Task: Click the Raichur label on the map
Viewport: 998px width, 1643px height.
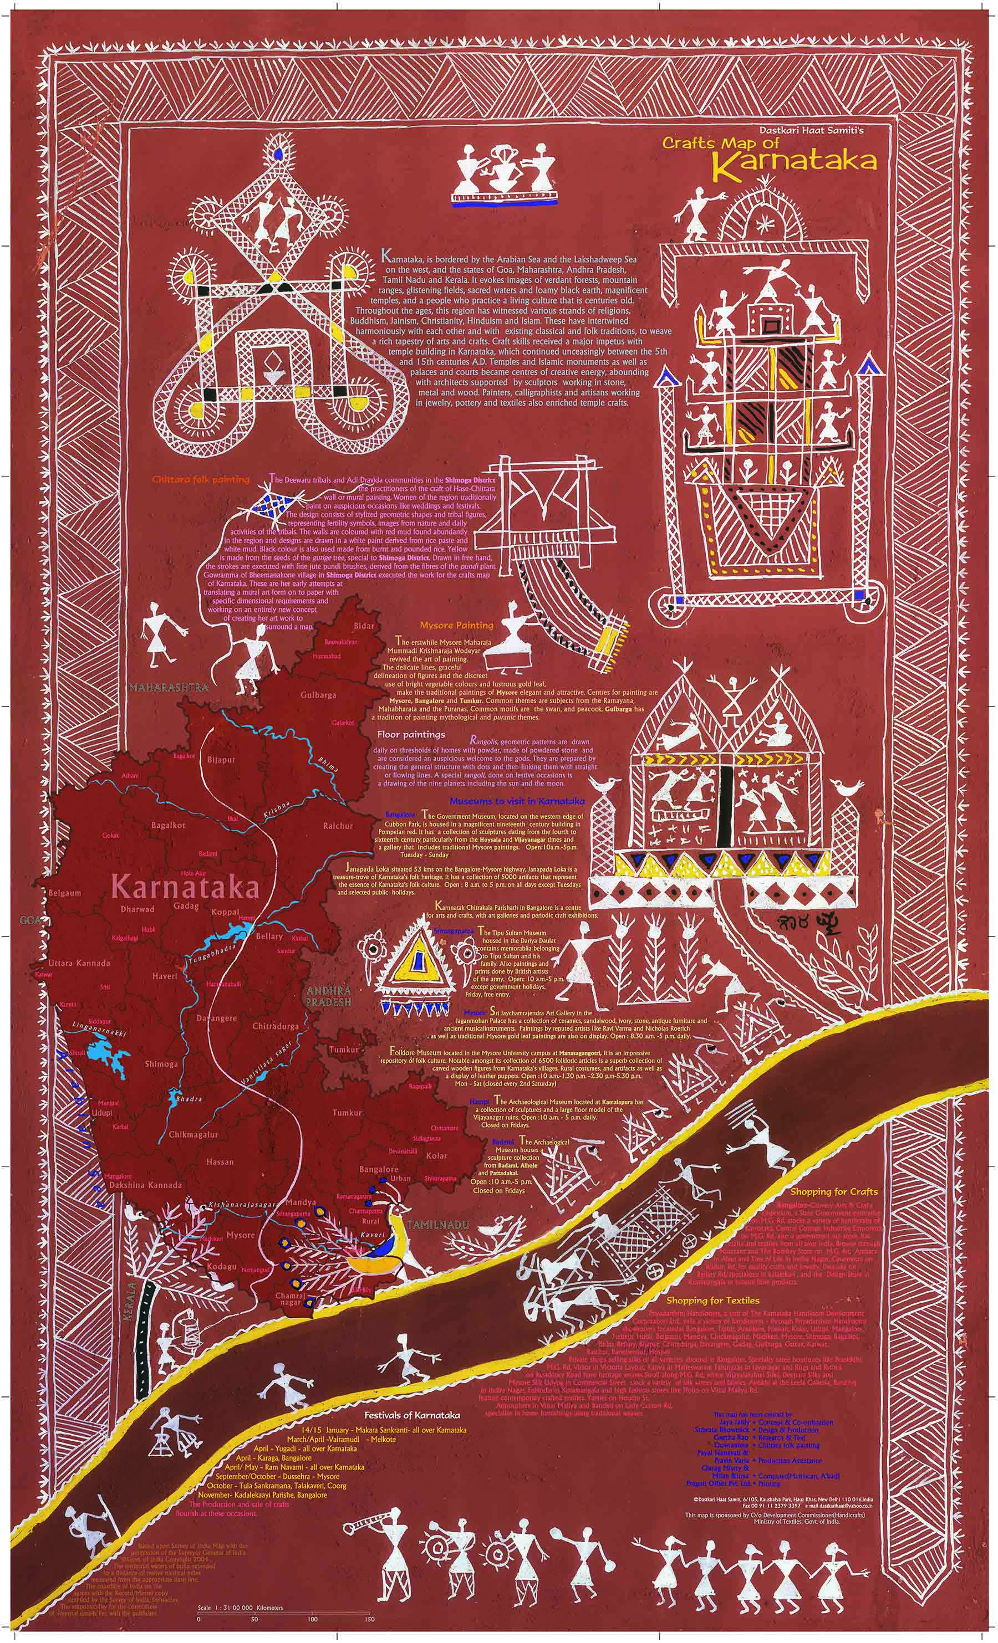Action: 338,826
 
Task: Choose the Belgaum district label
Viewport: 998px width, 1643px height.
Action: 65,892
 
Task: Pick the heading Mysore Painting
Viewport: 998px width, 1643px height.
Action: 456,626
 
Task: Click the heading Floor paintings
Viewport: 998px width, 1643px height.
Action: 410,734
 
